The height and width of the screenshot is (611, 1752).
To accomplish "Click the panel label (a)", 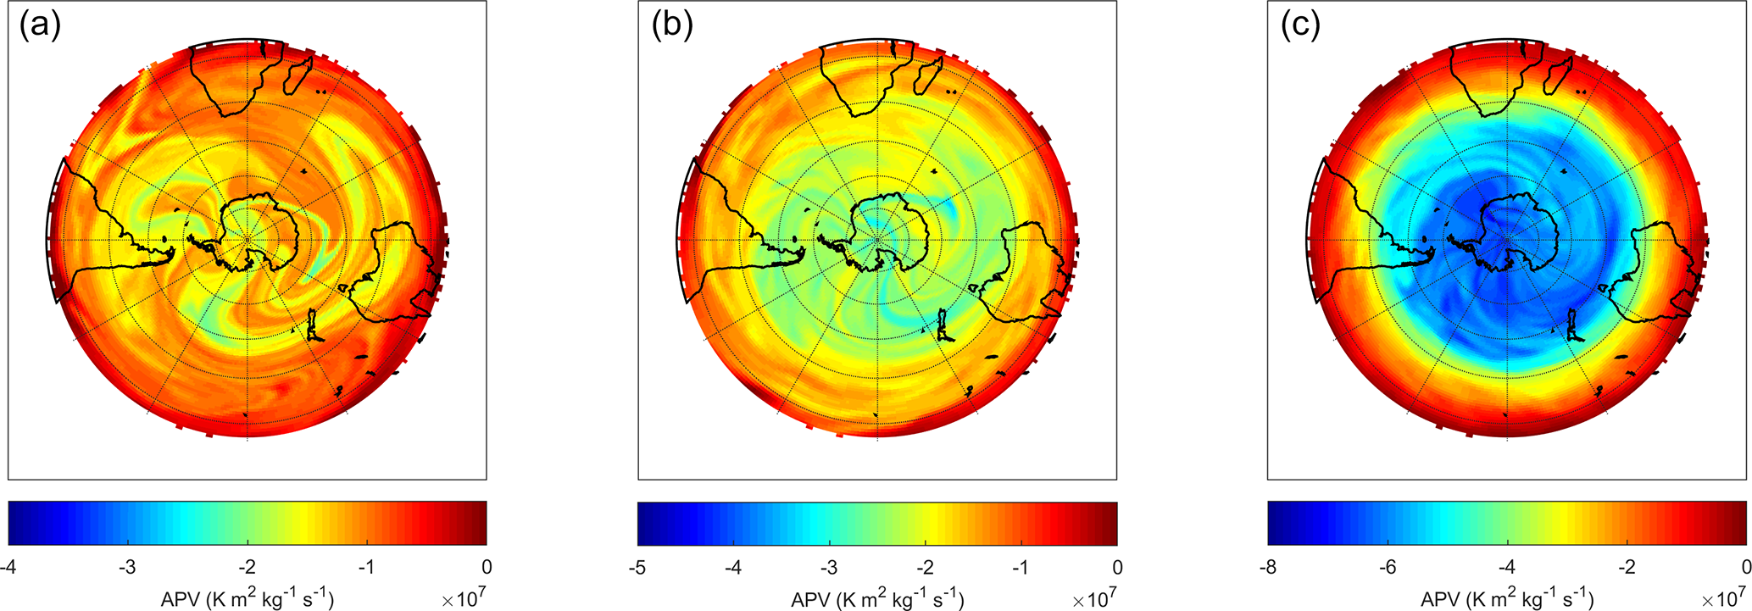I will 40,27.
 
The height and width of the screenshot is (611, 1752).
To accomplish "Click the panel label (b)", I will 672,27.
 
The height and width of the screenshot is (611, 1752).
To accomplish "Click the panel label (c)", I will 1300,27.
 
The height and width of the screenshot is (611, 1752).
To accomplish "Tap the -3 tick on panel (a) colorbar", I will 127,567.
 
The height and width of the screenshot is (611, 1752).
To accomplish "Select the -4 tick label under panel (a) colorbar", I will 8,567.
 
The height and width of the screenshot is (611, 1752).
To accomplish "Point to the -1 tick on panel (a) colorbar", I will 366,567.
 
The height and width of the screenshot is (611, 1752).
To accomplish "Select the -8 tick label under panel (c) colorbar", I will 1268,567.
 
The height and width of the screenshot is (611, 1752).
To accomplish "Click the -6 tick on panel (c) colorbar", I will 1388,567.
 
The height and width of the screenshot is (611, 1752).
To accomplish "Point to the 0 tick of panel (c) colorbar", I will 1745,567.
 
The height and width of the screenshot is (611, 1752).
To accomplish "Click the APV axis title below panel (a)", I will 247,599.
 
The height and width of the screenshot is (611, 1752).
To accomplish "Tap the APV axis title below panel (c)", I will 1506,599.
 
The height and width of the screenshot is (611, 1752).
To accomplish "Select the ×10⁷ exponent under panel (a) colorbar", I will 464,599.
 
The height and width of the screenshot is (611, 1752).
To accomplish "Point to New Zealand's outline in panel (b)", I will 946,325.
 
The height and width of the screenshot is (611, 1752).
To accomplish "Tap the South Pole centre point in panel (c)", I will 1507,240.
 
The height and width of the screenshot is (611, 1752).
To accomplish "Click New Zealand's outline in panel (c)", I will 1576,325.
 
